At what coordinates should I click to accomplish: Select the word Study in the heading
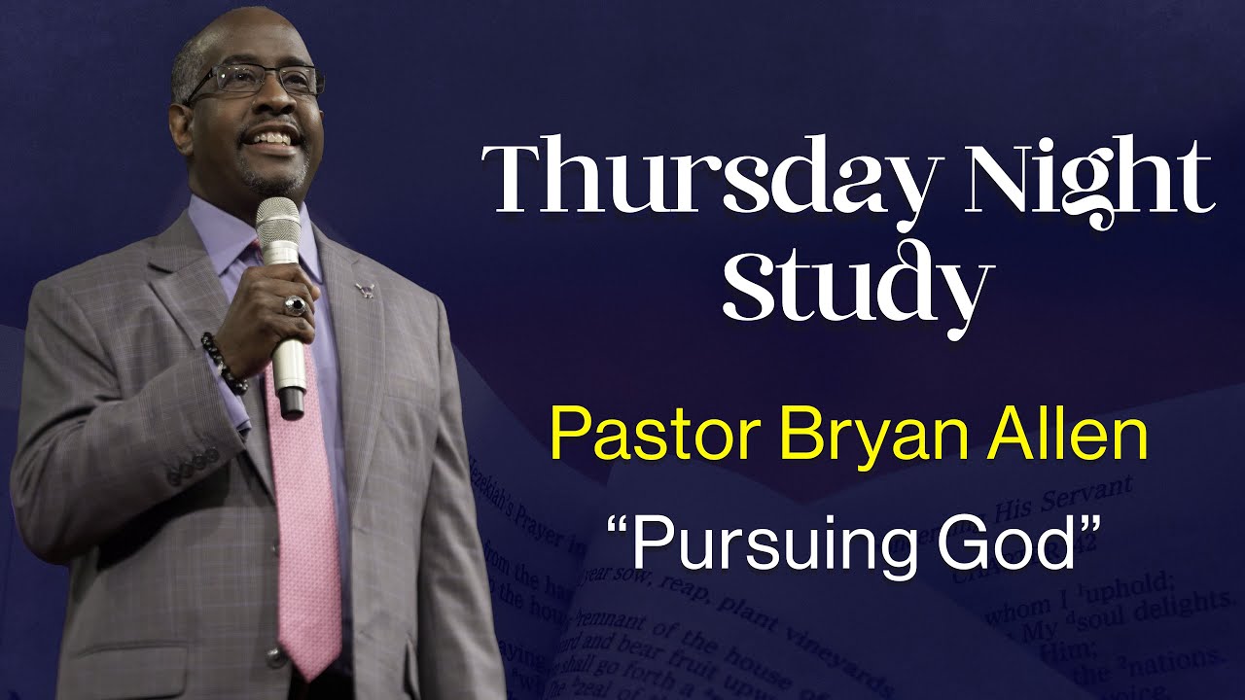pyautogui.click(x=856, y=287)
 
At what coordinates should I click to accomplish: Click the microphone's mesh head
pyautogui.click(x=278, y=228)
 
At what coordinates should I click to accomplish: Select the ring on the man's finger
pyautogui.click(x=295, y=305)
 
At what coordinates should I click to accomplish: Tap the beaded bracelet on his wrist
pyautogui.click(x=223, y=363)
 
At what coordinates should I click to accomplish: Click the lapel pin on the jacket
pyautogui.click(x=366, y=288)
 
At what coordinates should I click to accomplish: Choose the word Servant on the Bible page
pyautogui.click(x=1089, y=490)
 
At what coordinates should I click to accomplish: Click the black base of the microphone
pyautogui.click(x=291, y=402)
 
